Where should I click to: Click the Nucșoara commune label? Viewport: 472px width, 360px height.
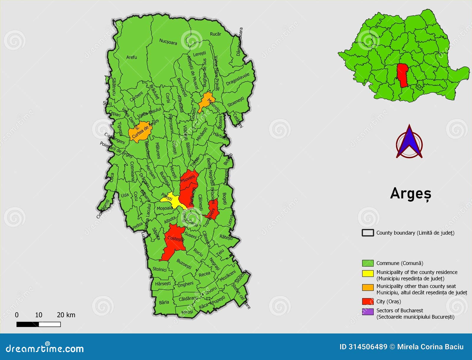pos(168,42)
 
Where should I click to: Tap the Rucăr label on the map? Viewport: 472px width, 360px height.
pos(215,34)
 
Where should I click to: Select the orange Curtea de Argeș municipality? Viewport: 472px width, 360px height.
pos(140,132)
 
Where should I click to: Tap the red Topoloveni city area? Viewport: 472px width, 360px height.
pos(213,209)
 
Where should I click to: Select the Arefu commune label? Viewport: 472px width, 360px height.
pos(132,57)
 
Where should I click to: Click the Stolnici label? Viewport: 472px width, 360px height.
pos(160,269)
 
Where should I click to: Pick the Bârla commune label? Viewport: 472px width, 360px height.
pos(164,302)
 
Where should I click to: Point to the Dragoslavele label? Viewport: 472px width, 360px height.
pos(238,79)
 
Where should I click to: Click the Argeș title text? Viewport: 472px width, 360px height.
pos(411,194)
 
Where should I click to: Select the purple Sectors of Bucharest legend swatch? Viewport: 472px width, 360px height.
pos(368,312)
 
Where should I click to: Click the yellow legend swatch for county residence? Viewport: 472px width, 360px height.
pos(368,273)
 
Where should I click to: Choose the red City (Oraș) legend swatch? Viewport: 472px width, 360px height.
pos(368,301)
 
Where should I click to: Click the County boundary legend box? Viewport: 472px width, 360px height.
pos(368,233)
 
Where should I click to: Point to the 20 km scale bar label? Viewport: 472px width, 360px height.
pos(66,315)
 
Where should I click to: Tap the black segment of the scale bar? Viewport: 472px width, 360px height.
pos(27,324)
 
